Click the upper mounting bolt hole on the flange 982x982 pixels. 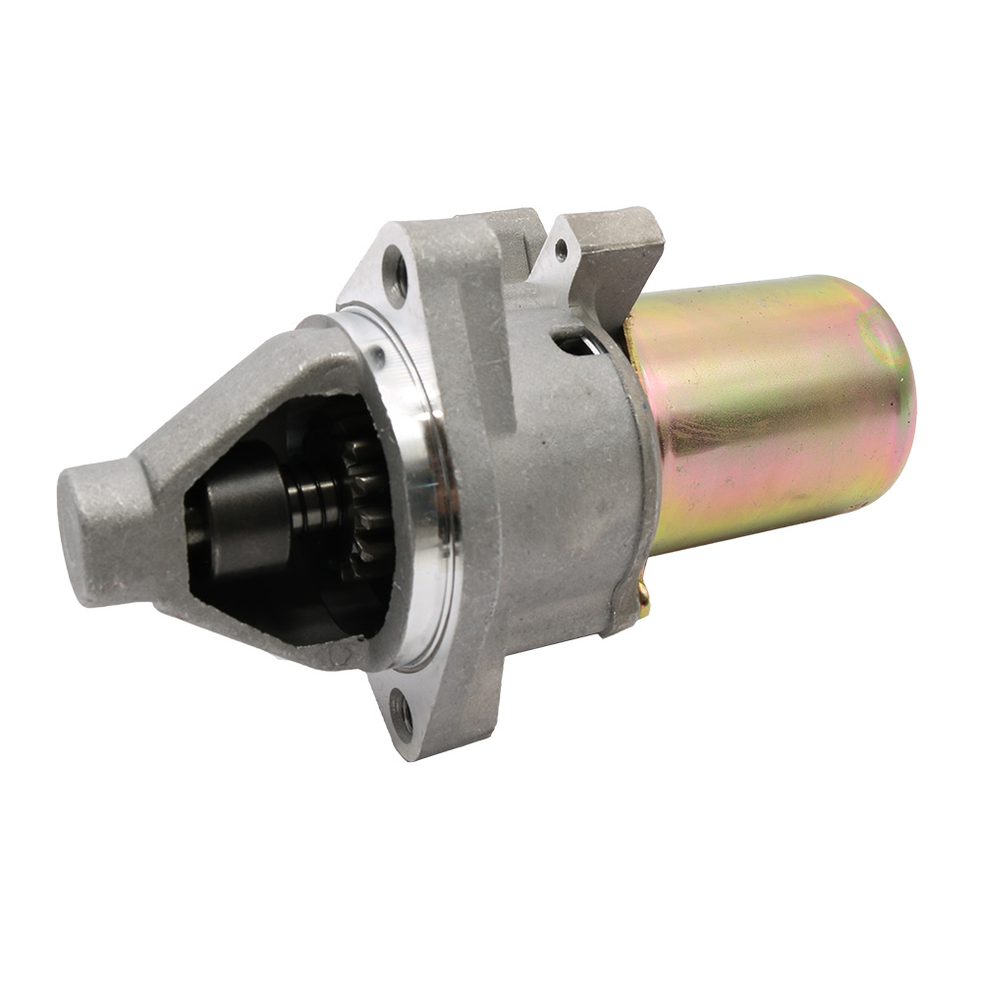click(396, 270)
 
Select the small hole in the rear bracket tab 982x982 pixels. click(561, 250)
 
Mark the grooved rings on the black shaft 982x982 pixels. click(314, 509)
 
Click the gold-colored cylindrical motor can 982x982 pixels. click(776, 412)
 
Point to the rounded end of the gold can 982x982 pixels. click(889, 393)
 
